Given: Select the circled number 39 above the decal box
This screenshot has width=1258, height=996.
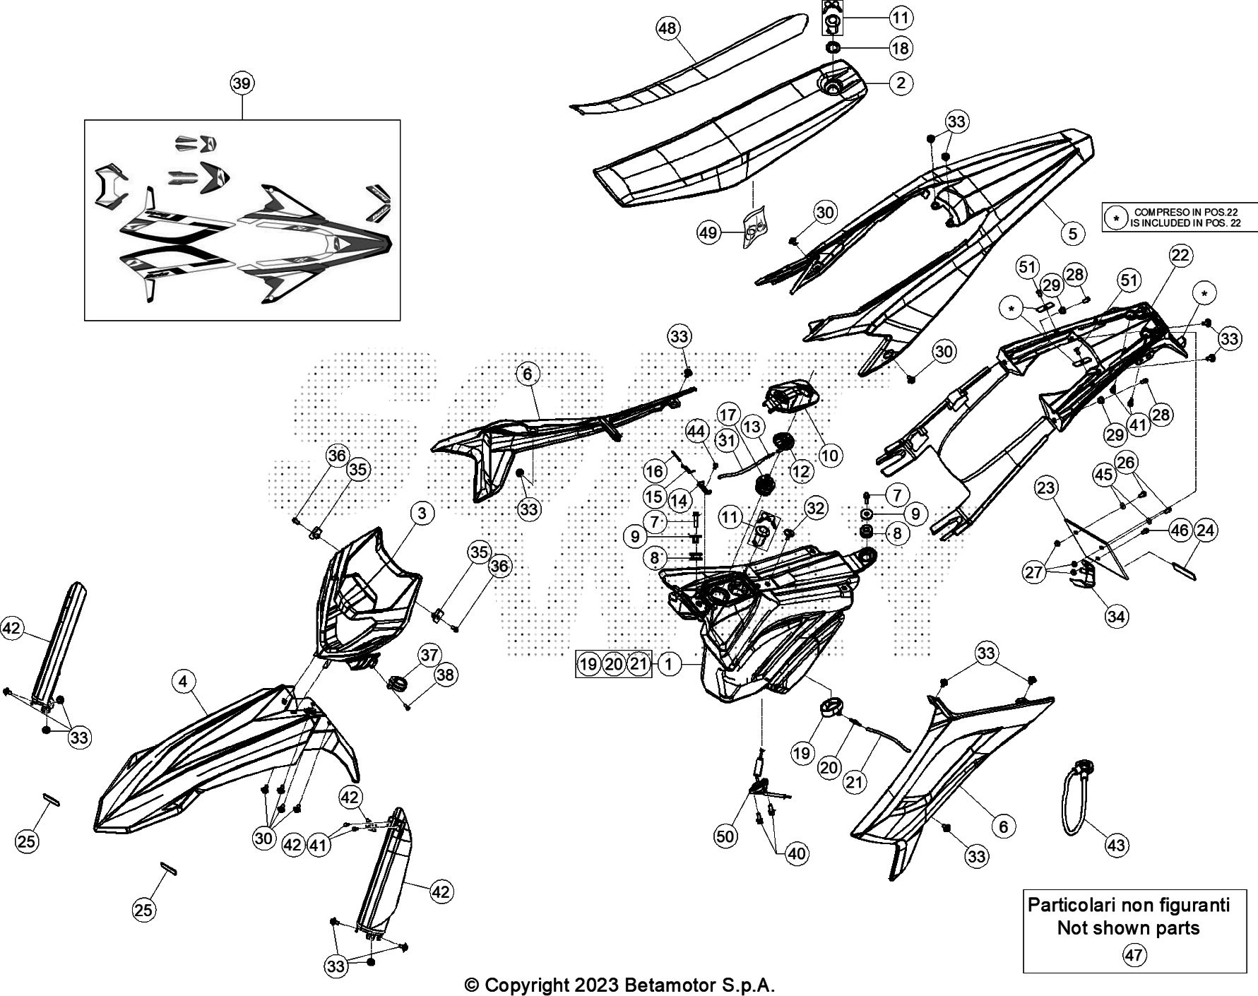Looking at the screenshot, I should (x=242, y=83).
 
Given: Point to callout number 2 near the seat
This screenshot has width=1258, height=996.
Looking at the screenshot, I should (x=901, y=83).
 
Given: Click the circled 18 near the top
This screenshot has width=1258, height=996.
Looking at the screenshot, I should (x=901, y=48).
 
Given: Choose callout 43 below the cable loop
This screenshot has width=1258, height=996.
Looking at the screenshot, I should (x=1116, y=845).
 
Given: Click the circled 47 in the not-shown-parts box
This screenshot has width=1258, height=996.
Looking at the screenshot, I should (x=1134, y=956).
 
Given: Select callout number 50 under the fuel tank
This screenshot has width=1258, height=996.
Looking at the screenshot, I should (x=725, y=836).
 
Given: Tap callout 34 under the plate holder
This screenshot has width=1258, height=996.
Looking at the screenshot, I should (x=1116, y=617).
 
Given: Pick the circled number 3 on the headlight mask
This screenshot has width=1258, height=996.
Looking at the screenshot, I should (x=422, y=513).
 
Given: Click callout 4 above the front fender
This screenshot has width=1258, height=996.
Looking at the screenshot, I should (x=184, y=681).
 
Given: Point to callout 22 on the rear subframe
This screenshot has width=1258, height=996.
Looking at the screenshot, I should (x=1180, y=255).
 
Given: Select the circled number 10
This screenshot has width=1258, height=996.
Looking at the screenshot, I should (x=830, y=456).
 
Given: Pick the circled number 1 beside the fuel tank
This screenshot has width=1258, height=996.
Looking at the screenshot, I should (x=669, y=663).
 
